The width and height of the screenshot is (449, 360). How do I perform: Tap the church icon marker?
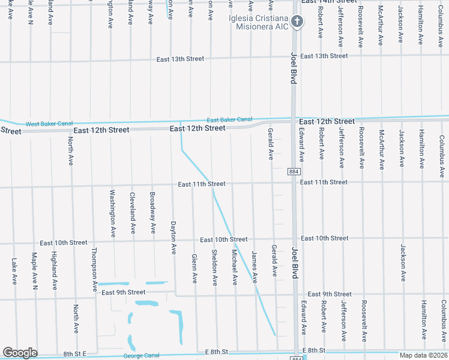coord(296,23)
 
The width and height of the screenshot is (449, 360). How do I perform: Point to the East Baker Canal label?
coord(229,120)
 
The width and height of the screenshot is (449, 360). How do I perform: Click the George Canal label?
coord(142,355)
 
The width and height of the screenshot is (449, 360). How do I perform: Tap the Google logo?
coord(20,353)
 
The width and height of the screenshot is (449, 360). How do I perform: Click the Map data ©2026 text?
coord(423,355)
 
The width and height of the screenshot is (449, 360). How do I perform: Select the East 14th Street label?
coord(324,2)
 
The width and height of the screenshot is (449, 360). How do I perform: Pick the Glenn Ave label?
coord(194,268)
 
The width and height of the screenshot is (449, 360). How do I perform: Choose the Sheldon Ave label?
coord(214,267)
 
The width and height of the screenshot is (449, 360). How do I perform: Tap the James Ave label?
coord(255,267)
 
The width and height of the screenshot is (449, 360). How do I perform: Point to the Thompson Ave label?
coord(94,270)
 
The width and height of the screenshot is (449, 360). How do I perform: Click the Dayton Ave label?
coord(173,236)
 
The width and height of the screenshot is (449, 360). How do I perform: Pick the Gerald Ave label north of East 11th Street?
coord(271,144)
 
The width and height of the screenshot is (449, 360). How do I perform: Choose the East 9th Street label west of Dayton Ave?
coord(124,292)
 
